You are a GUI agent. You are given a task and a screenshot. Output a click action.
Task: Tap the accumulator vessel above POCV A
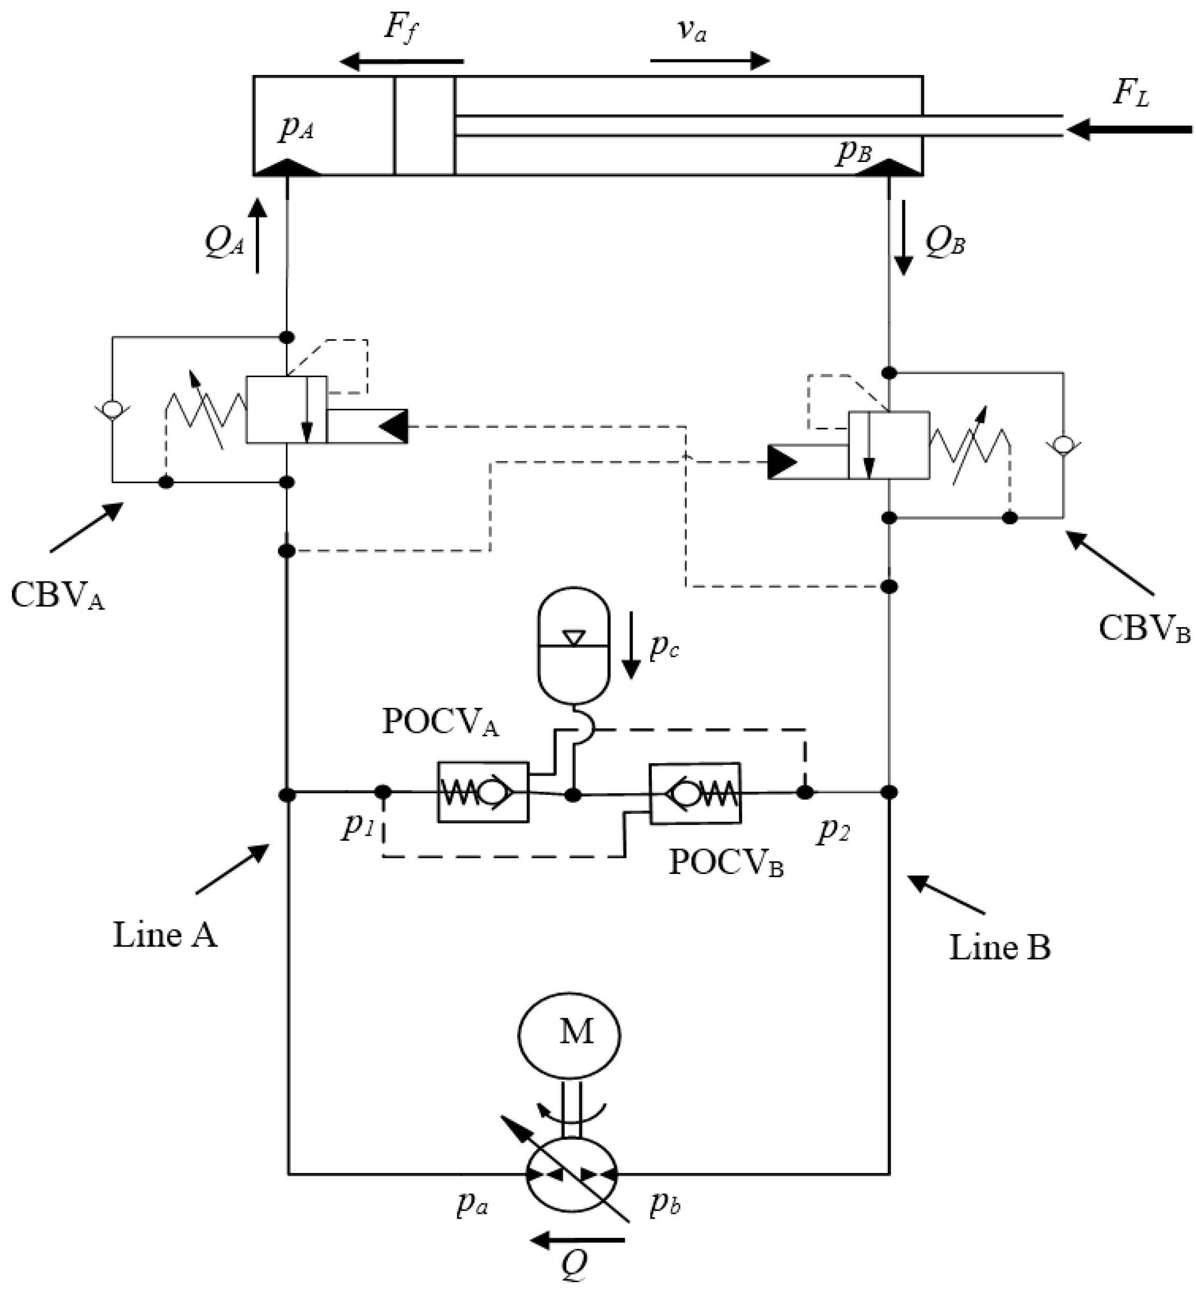[574, 644]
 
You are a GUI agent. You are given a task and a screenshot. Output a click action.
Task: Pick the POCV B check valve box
[695, 794]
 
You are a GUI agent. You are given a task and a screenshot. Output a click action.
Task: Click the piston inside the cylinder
[424, 126]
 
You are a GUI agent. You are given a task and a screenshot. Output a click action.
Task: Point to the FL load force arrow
[1129, 130]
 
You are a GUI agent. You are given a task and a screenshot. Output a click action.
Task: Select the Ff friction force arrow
[403, 62]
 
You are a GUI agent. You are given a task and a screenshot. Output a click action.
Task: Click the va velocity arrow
[710, 62]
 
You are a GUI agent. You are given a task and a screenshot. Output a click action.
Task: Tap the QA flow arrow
[258, 235]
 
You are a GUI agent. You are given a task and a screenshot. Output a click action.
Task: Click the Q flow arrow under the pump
[577, 1239]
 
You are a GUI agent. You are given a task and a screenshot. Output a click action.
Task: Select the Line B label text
[999, 948]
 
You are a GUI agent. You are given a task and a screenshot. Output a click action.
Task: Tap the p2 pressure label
[833, 829]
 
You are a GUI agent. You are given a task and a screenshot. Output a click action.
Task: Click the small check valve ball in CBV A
[113, 409]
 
